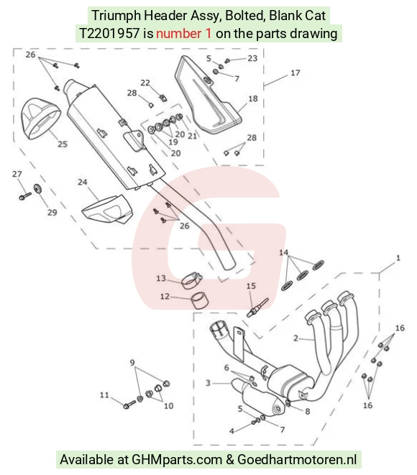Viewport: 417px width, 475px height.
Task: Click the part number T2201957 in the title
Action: click(109, 33)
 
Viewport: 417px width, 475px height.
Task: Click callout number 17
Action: click(295, 73)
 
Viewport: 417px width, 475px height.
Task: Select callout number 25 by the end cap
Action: click(63, 144)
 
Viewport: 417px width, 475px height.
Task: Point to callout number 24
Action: click(83, 182)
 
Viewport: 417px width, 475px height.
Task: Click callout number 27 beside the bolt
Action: click(17, 174)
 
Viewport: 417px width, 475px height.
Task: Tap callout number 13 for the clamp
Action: click(161, 278)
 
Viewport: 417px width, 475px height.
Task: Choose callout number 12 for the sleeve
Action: click(165, 296)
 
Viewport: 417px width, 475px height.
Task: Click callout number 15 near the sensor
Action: click(251, 286)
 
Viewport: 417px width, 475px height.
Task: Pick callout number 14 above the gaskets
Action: click(283, 252)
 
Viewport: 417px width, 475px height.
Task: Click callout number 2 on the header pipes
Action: click(295, 338)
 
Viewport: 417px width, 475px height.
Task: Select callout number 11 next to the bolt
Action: click(104, 395)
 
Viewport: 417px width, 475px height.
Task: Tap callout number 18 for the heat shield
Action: click(253, 98)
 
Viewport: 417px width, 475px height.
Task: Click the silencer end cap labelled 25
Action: click(40, 118)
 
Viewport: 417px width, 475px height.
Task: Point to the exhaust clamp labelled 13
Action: click(191, 280)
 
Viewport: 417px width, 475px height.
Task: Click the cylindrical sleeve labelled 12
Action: click(200, 299)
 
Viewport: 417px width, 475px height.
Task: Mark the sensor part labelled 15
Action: click(257, 308)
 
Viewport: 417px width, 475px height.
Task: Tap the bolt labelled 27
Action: click(25, 196)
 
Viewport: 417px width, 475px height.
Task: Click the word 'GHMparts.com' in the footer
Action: click(177, 459)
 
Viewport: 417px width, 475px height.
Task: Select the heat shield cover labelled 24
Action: click(108, 210)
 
